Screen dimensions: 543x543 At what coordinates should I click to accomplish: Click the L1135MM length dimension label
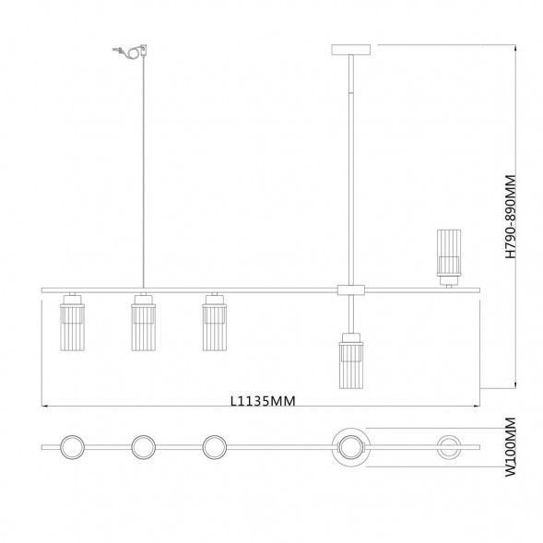tap(263, 401)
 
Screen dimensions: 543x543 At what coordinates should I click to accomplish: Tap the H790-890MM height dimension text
tap(511, 217)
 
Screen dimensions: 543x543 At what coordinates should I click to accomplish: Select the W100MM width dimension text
tap(511, 447)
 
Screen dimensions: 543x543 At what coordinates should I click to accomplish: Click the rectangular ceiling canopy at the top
tap(351, 50)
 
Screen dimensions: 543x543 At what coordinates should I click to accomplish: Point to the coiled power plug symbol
tap(131, 52)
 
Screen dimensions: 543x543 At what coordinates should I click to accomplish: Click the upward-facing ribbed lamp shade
tap(448, 257)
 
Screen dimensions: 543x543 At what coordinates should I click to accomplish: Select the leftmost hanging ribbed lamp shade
tap(73, 322)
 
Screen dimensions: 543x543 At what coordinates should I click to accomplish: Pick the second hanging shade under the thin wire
tap(144, 322)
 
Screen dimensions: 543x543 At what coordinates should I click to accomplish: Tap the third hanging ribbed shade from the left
tap(215, 322)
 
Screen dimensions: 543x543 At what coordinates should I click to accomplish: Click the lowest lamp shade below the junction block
tap(351, 360)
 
